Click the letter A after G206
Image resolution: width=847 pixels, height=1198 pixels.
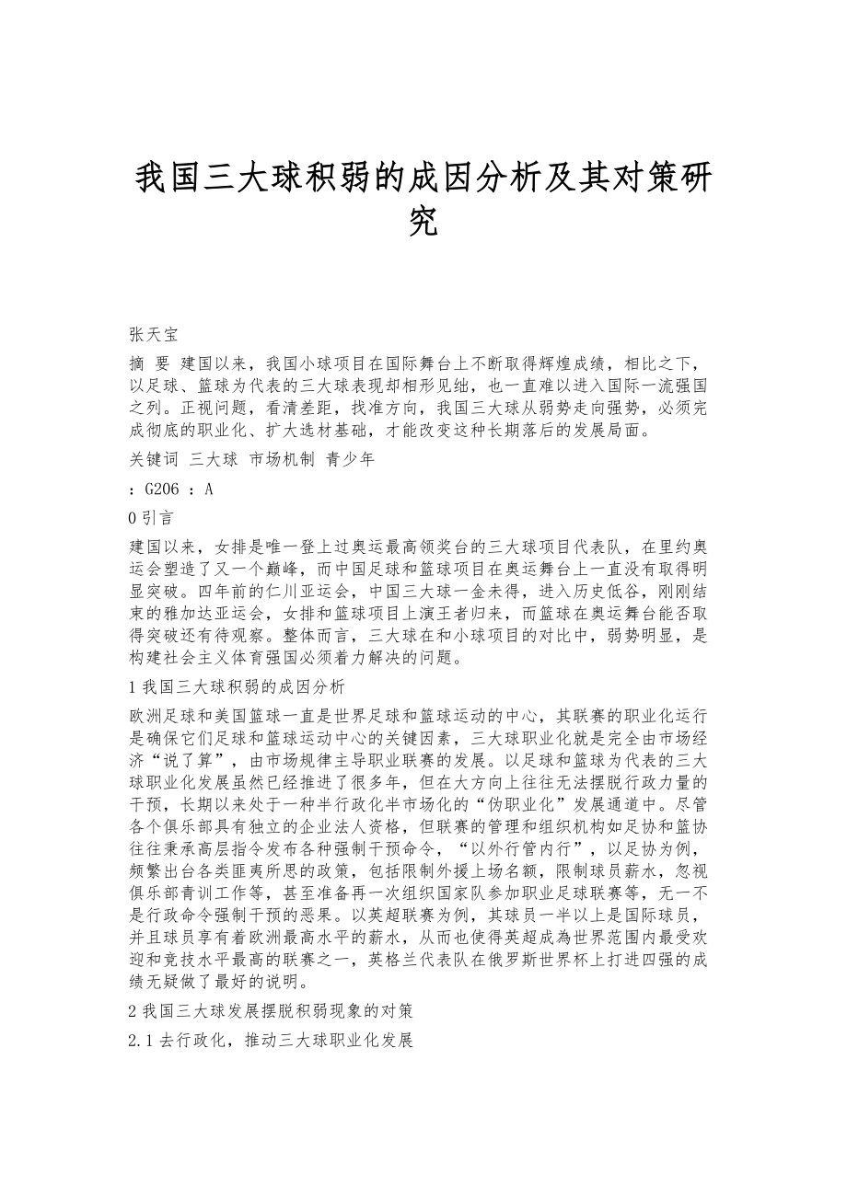click(x=209, y=490)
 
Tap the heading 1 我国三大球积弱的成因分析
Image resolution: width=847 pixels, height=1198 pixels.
click(x=238, y=685)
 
